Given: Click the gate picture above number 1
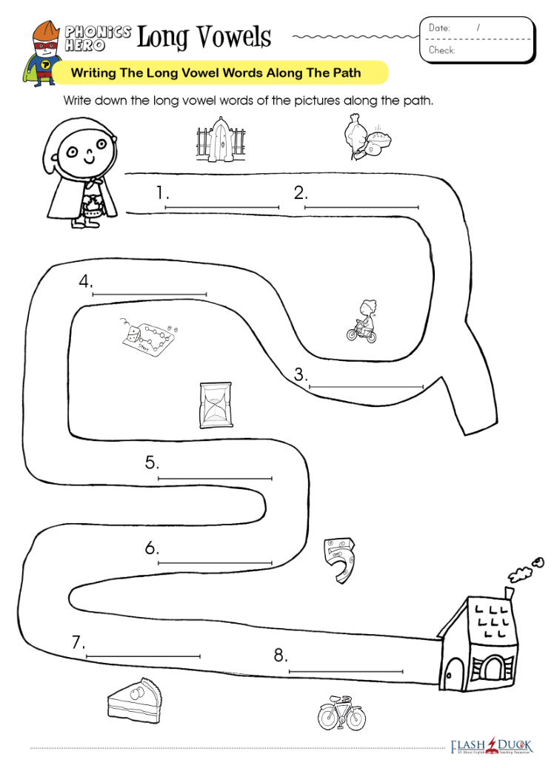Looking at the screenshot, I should pos(221,140).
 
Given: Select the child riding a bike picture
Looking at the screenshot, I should pos(362,321).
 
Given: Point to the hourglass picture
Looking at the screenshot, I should pos(216,405).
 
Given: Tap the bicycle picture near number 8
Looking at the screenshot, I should pos(341,713).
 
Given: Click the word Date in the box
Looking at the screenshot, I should pos(439,27).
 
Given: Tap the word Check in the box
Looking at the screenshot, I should pos(442,50).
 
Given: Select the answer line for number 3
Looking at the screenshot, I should pos(366,387).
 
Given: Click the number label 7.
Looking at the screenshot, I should pos(79,643).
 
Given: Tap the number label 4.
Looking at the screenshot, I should pos(87,281).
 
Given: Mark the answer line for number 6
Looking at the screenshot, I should pos(215,563).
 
